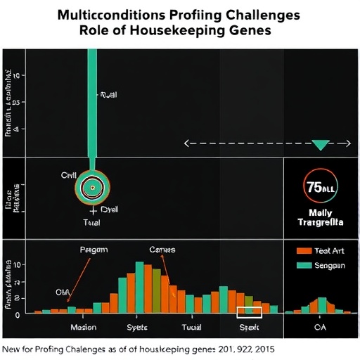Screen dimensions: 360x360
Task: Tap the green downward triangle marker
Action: point(321,145)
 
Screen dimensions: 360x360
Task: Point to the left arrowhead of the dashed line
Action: point(187,143)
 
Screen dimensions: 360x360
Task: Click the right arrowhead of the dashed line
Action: point(347,143)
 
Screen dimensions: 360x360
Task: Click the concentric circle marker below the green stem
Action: point(92,186)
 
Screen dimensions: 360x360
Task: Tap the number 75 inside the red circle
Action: point(314,187)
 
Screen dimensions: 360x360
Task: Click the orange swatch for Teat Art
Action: point(303,250)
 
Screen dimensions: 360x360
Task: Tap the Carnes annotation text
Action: point(162,250)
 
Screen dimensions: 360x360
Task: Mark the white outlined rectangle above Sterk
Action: point(249,312)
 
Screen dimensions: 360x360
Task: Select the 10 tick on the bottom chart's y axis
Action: point(18,264)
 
